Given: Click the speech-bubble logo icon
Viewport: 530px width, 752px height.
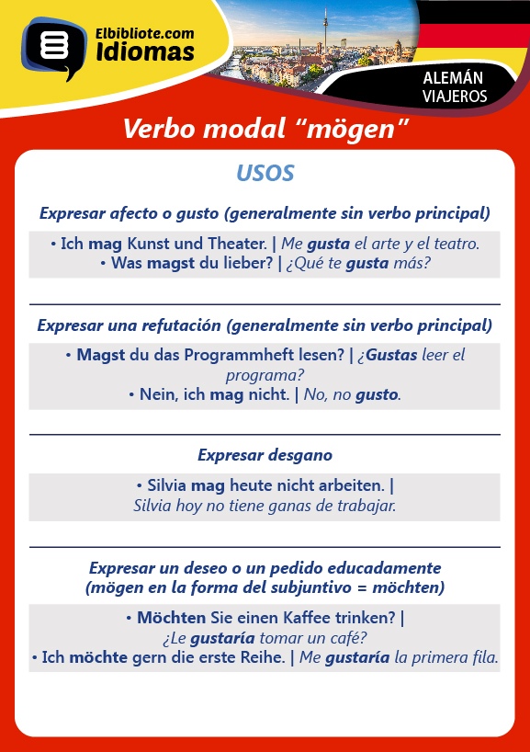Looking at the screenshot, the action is click(x=53, y=48).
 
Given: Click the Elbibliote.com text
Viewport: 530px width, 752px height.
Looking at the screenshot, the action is click(x=145, y=34).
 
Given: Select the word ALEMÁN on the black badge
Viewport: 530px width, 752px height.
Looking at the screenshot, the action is click(x=453, y=78).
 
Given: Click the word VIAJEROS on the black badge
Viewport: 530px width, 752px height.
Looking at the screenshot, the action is click(x=455, y=96).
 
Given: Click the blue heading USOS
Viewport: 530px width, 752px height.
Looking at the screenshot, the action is click(x=265, y=173).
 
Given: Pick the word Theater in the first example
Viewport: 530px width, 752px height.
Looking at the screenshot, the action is click(x=237, y=244).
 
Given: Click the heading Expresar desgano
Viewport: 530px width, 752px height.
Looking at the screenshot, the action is click(x=265, y=455).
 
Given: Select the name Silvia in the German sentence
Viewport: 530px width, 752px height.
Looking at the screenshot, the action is click(x=166, y=485).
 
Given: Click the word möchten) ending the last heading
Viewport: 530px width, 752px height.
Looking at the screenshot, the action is click(x=408, y=587).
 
